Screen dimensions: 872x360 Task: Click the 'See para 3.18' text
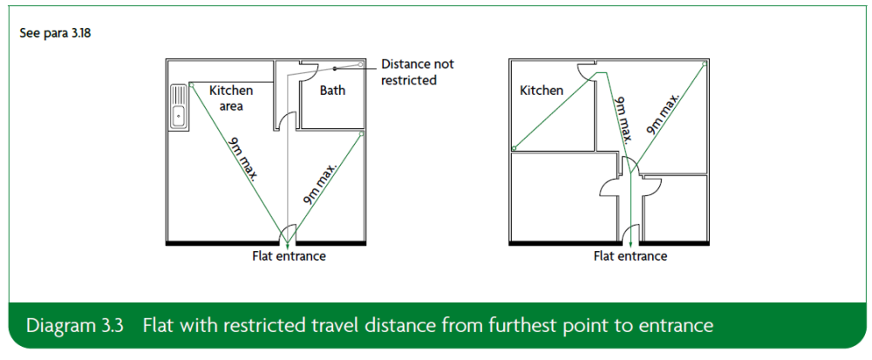click(x=55, y=33)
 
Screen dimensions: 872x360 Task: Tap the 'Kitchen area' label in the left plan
click(x=231, y=98)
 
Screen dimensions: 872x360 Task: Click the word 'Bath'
click(x=332, y=90)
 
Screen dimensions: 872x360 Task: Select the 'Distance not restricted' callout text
click(x=417, y=71)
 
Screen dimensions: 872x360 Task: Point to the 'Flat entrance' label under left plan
click(x=289, y=256)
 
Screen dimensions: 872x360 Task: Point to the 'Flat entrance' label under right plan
click(x=630, y=256)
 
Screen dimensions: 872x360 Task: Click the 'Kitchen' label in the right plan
click(x=542, y=90)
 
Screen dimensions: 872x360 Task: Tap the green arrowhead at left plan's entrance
click(x=288, y=239)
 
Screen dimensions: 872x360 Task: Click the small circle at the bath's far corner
click(x=360, y=65)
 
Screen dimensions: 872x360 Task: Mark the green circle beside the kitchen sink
click(x=191, y=85)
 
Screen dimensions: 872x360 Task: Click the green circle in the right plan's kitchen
click(x=514, y=148)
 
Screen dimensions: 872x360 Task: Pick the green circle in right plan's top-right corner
click(x=704, y=65)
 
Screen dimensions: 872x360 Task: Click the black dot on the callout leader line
click(x=336, y=69)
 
